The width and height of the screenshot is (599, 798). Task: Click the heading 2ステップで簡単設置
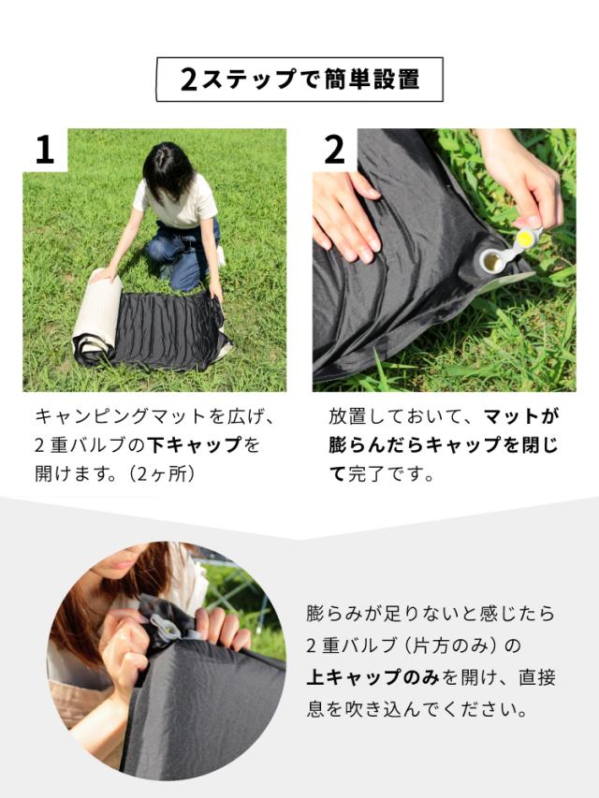pyautogui.click(x=299, y=80)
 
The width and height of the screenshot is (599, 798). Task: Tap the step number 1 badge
pyautogui.click(x=45, y=150)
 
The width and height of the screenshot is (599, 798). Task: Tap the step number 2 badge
pyautogui.click(x=335, y=150)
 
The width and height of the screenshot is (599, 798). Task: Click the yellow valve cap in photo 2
pyautogui.click(x=526, y=239)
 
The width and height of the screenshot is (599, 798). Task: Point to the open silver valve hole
pyautogui.click(x=492, y=262)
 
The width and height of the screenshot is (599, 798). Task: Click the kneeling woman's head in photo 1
pyautogui.click(x=168, y=170)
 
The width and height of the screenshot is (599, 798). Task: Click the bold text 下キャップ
pyautogui.click(x=194, y=445)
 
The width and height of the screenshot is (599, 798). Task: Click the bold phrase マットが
pyautogui.click(x=520, y=416)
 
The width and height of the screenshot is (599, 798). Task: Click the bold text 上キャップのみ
pyautogui.click(x=373, y=677)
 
